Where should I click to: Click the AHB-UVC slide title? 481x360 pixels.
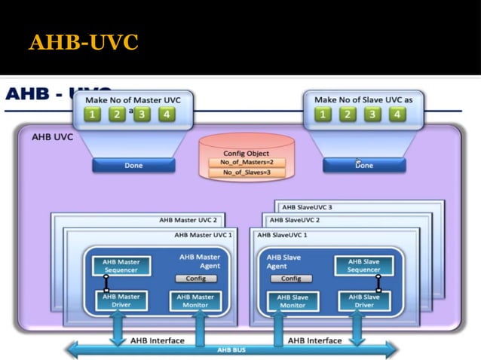[x=83, y=42]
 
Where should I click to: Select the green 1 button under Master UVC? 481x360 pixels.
[x=91, y=114]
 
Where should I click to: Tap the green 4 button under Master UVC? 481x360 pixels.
[x=166, y=114]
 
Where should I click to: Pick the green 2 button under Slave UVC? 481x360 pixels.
[x=347, y=114]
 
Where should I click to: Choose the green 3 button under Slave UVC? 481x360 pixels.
[x=372, y=114]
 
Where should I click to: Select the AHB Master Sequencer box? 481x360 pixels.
[x=121, y=266]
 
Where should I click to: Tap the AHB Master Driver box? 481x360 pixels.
[x=121, y=301]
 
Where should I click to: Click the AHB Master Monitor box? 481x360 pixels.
[x=195, y=301]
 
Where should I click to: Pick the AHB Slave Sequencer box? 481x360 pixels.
[x=364, y=266]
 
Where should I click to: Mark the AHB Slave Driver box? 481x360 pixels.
[x=364, y=301]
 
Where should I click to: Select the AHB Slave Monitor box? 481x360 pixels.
[x=293, y=301]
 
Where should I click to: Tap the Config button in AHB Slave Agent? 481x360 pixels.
[x=290, y=278]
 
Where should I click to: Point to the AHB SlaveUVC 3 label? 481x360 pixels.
[x=307, y=207]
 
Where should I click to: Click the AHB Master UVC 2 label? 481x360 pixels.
[x=188, y=221]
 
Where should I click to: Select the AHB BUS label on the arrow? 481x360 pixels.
[x=230, y=350]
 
